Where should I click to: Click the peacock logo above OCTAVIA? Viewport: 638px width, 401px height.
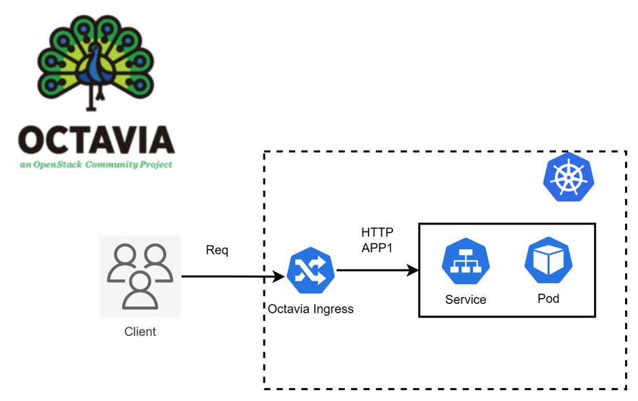tap(96, 61)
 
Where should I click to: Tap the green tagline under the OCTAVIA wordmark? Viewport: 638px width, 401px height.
tap(96, 165)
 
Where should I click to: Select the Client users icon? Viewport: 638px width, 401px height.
tap(140, 276)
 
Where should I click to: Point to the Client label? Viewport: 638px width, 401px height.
tap(140, 332)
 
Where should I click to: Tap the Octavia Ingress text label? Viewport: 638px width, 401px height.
tap(310, 309)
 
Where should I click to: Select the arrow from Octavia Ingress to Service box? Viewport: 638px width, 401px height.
tap(377, 271)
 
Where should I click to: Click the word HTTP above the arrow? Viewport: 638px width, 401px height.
tap(377, 233)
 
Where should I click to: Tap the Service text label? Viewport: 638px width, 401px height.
tap(466, 299)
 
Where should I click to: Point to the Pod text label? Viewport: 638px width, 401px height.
tap(548, 299)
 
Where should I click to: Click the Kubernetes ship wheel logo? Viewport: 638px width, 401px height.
tap(568, 176)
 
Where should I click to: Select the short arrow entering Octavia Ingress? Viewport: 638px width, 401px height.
tap(275, 276)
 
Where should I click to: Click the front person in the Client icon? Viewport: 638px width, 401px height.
tap(140, 290)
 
